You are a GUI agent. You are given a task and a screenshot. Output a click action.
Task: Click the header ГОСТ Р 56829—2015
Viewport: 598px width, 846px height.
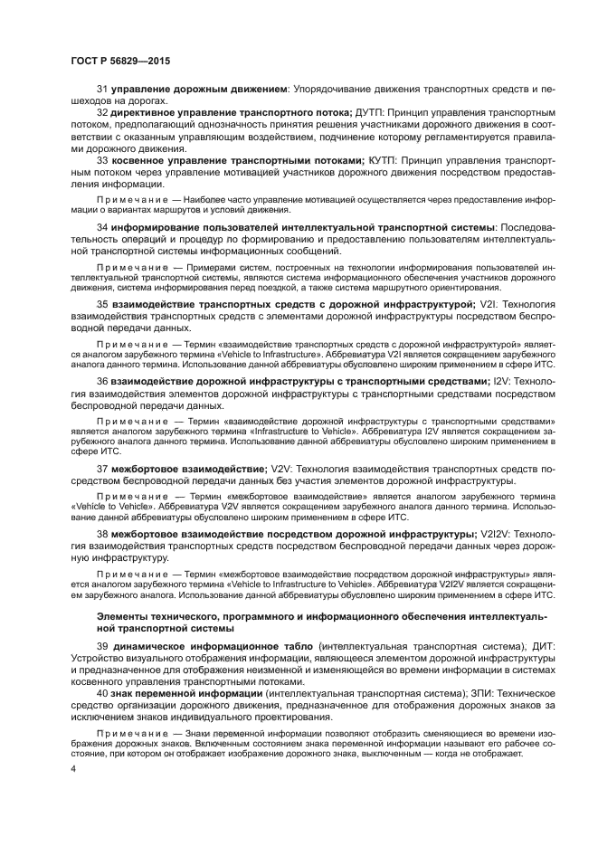coord(120,60)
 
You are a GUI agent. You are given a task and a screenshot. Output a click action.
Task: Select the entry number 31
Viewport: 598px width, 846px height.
coord(102,91)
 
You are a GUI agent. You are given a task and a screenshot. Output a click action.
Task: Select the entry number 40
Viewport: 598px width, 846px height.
coord(102,692)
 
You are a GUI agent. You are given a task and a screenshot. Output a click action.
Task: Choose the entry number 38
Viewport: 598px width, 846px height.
coord(102,536)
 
